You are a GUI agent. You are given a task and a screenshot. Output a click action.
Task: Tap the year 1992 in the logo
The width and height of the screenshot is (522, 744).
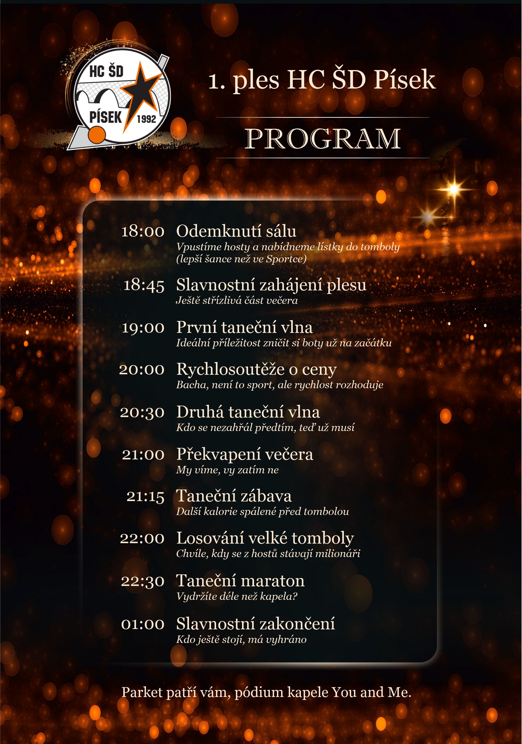[147, 119]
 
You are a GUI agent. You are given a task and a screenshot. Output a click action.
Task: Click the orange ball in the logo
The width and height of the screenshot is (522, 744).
[97, 134]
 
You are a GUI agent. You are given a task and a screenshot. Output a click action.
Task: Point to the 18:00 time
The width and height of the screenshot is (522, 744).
[143, 232]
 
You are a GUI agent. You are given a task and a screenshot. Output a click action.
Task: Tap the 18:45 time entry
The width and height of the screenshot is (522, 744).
[144, 285]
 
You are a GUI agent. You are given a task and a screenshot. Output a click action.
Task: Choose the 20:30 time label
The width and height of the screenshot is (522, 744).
[142, 413]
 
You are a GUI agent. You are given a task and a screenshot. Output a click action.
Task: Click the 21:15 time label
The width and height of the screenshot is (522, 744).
[145, 496]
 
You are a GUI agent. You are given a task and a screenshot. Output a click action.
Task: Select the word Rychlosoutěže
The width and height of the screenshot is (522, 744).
[230, 369]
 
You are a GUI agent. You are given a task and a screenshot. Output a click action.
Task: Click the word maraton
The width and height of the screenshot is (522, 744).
[275, 581]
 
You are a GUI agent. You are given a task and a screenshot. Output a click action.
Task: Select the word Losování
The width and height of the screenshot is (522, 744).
[210, 538]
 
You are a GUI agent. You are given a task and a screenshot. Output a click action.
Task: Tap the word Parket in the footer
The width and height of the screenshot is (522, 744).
[142, 692]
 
